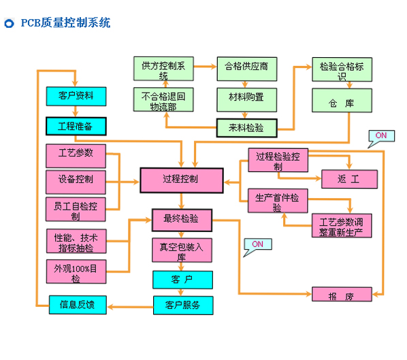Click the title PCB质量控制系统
65,24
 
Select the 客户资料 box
76,95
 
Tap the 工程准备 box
76,127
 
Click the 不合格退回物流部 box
163,101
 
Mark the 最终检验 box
181,219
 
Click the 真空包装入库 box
181,250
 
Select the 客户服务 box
181,304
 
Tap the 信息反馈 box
77,304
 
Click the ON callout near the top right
380,136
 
